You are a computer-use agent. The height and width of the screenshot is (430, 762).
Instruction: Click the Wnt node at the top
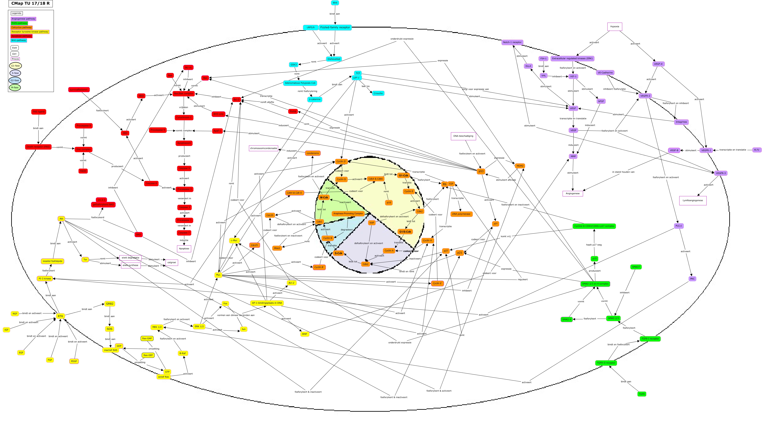pyautogui.click(x=335, y=3)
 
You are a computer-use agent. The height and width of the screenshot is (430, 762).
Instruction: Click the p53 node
pyautogui.click(x=481, y=171)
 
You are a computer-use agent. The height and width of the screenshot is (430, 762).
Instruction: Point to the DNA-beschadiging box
pyautogui.click(x=463, y=136)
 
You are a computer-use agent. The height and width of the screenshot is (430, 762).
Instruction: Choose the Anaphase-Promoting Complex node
pyautogui.click(x=348, y=213)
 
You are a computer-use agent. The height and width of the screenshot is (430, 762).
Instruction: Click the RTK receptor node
pyautogui.click(x=60, y=316)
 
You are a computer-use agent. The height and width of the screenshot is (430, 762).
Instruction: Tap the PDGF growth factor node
pyautogui.click(x=74, y=361)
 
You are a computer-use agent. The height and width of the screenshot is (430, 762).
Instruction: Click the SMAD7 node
pyautogui.click(x=636, y=267)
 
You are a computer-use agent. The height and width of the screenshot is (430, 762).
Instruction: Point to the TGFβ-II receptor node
pyautogui.click(x=606, y=363)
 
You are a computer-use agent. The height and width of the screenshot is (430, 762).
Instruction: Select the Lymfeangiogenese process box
pyautogui.click(x=692, y=201)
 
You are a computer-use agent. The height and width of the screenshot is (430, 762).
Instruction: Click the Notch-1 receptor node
pyautogui.click(x=512, y=42)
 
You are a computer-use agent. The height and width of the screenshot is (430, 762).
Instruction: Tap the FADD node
pyautogui.click(x=83, y=171)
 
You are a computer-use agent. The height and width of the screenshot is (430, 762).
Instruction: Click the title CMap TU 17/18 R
pyautogui.click(x=31, y=3)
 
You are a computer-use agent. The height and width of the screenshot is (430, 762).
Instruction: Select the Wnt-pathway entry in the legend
pyautogui.click(x=19, y=41)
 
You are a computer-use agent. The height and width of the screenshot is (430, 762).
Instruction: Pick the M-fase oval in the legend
pyautogui.click(x=15, y=88)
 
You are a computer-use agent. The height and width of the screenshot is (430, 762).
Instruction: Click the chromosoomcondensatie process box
pyautogui.click(x=264, y=148)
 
